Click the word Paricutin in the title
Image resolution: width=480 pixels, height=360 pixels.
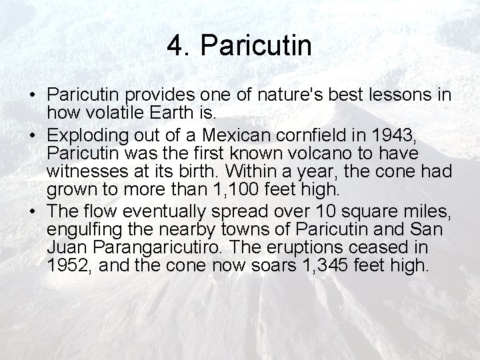click(x=256, y=47)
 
